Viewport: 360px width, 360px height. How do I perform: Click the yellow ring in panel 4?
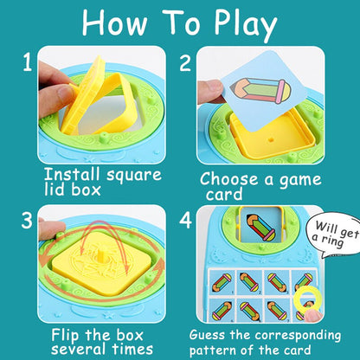305,300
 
